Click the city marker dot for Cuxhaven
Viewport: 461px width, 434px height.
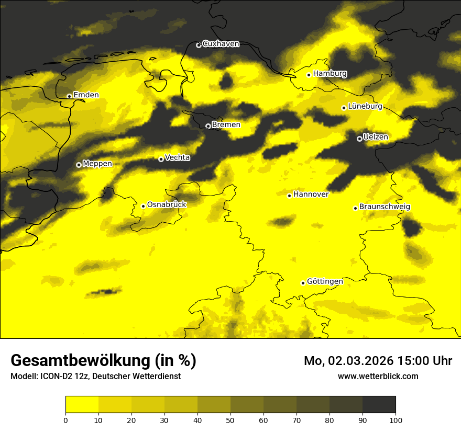(x=199, y=45)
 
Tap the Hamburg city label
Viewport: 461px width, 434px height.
(x=330, y=74)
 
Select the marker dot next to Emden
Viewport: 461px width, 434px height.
(x=69, y=96)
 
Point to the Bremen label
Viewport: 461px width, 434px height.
(x=226, y=125)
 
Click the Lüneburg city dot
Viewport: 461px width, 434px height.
(x=344, y=108)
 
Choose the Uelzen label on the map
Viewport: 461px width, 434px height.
(x=376, y=137)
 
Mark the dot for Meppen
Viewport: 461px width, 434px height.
(x=79, y=165)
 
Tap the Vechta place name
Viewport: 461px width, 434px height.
(x=177, y=157)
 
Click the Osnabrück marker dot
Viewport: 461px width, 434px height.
(x=143, y=206)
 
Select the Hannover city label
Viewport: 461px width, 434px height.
(x=311, y=195)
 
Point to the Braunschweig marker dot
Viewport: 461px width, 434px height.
(x=355, y=208)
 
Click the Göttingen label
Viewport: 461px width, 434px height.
(x=325, y=282)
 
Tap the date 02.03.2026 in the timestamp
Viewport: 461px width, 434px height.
(x=361, y=361)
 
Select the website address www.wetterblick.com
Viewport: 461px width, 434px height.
(x=378, y=376)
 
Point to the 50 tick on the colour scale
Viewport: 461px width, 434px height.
(x=230, y=420)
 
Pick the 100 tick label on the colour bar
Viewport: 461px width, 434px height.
(x=396, y=420)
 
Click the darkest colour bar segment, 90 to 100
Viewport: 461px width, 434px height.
(x=379, y=404)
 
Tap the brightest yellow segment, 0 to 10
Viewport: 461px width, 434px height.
(x=82, y=404)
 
